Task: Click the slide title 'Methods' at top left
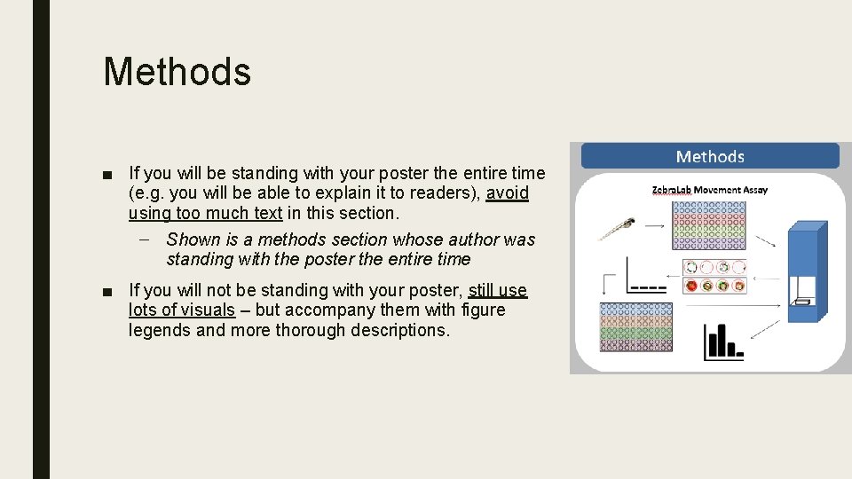pos(177,72)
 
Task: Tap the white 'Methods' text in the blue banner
pos(709,157)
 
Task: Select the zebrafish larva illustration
pos(617,228)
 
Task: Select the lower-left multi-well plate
pos(635,326)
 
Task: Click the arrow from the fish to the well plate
pos(654,226)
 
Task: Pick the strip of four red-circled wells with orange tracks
pos(714,286)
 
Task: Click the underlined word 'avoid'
pos(507,193)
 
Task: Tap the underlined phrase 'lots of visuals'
pos(181,310)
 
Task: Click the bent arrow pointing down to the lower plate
pos(608,282)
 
